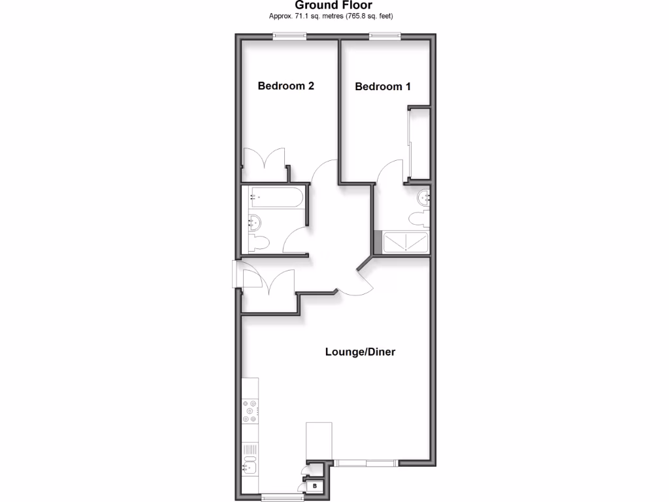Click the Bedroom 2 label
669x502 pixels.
[x=286, y=86]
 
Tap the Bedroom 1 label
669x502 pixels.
[x=383, y=86]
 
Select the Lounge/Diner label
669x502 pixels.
[x=360, y=352]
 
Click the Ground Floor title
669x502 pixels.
[x=334, y=5]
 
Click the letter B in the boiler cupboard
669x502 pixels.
[x=315, y=486]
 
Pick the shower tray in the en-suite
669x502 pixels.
[x=406, y=242]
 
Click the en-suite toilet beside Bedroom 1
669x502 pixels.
[x=419, y=218]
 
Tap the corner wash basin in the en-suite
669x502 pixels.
[x=424, y=195]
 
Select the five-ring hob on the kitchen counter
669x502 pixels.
[x=249, y=411]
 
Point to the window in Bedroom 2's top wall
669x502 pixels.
[x=289, y=37]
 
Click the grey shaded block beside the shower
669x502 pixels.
[x=378, y=242]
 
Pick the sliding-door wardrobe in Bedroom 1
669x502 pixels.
[x=419, y=144]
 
